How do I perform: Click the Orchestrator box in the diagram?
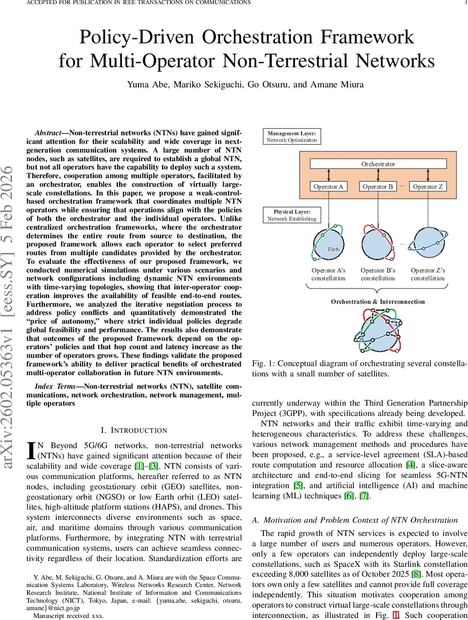[378, 164]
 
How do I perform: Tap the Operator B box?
[378, 187]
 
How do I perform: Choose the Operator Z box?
[428, 187]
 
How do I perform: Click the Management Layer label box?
[291, 136]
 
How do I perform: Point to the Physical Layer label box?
[291, 215]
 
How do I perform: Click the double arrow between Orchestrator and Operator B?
[378, 175]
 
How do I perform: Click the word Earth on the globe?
[334, 249]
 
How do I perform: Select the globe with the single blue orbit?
[428, 242]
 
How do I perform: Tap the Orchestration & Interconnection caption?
[378, 302]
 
